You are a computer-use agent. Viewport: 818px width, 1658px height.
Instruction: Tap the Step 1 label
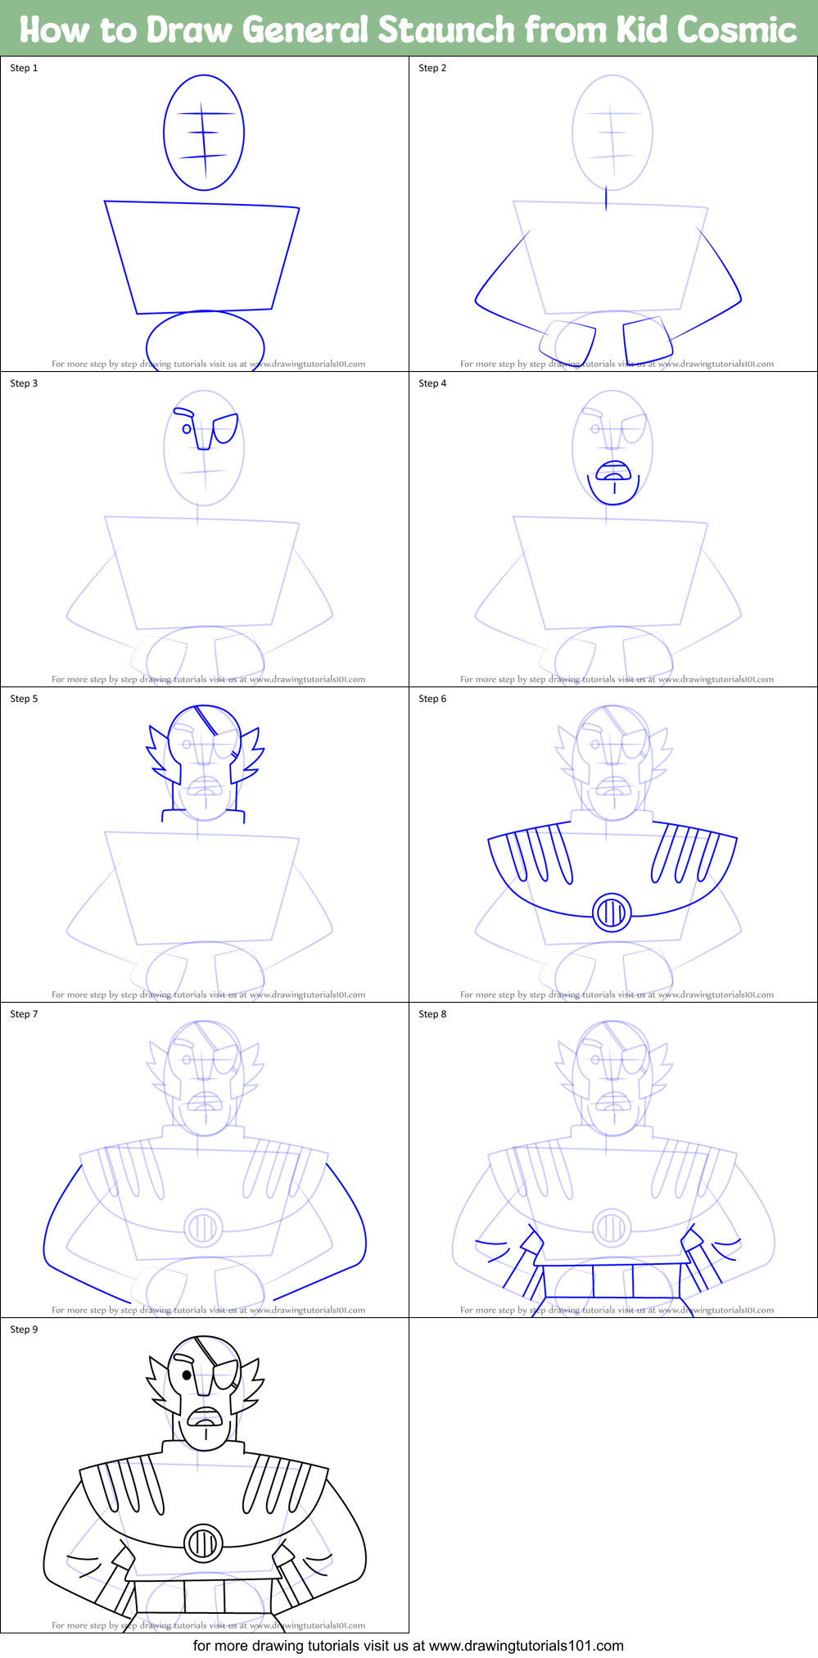click(24, 68)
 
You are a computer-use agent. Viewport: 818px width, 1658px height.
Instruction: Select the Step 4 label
click(432, 383)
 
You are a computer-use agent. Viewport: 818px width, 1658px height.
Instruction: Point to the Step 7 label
click(24, 1014)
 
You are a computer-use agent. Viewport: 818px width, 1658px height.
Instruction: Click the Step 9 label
click(24, 1330)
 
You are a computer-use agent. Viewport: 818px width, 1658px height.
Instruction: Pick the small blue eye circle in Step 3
click(187, 428)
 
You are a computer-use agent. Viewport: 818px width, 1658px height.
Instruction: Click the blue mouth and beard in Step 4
click(613, 481)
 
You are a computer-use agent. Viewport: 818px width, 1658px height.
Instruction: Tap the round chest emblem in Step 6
click(612, 912)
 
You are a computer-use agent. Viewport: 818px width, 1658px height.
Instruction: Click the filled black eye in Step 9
click(187, 1375)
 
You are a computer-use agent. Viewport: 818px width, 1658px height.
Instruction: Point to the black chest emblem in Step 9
click(203, 1543)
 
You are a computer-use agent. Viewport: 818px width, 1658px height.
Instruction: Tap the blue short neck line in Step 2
click(606, 199)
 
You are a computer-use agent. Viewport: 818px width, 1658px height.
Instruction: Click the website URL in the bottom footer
click(527, 1646)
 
